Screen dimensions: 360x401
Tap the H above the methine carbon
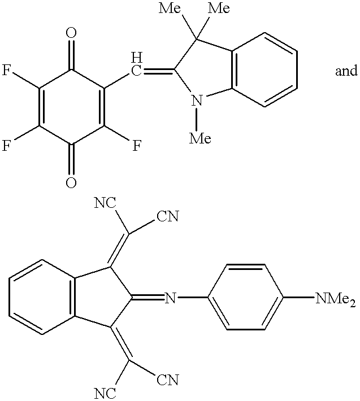point(136,57)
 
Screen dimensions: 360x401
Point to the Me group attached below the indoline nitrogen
point(199,137)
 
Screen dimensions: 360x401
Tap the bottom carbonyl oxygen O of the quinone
point(71,182)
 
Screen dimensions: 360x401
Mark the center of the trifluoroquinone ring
point(71,108)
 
